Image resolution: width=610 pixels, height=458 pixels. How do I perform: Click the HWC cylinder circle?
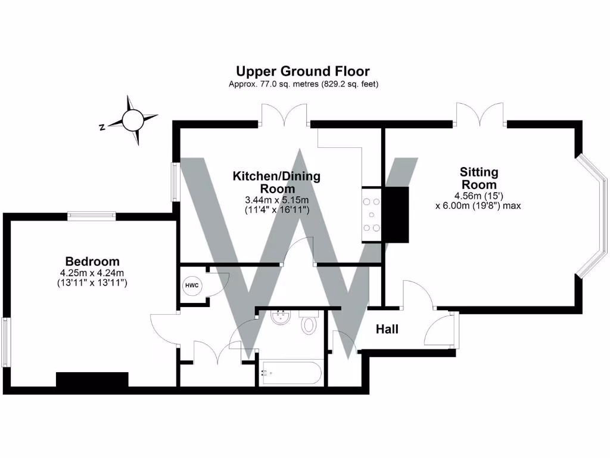tap(192, 286)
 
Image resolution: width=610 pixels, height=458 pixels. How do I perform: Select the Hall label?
tap(387, 329)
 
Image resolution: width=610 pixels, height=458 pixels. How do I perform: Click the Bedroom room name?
tap(92, 261)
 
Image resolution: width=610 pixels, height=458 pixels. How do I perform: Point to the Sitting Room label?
tap(478, 178)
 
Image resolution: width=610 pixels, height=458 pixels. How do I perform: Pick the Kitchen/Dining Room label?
tap(276, 182)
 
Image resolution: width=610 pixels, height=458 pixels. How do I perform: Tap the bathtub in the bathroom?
tap(291, 373)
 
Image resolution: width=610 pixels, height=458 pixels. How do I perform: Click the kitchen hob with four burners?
tap(372, 215)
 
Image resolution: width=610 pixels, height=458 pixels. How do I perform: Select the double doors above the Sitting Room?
tap(481, 114)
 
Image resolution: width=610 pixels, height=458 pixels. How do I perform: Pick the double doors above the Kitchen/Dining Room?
tap(285, 114)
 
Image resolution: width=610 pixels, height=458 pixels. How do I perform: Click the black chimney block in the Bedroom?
tap(92, 380)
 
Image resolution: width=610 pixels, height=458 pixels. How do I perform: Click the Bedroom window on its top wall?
tap(91, 216)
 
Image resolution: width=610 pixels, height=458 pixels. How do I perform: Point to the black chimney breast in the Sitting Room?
tap(396, 214)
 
